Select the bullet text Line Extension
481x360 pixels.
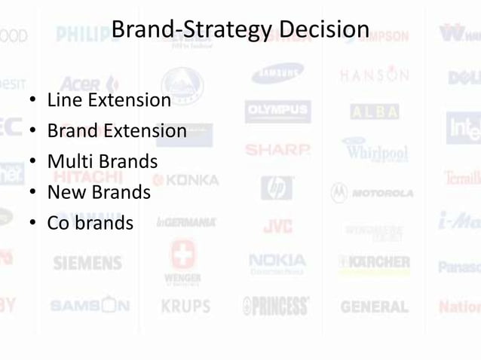109,100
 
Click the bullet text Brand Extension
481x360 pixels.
117,131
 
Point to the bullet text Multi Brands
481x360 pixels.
103,162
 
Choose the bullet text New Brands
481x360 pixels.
99,192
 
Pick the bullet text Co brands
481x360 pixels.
90,223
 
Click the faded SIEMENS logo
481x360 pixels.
87,264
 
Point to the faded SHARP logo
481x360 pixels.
277,149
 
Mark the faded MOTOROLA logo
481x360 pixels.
372,193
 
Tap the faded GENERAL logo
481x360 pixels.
374,307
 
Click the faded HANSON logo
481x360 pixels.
374,75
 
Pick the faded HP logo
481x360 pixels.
277,188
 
